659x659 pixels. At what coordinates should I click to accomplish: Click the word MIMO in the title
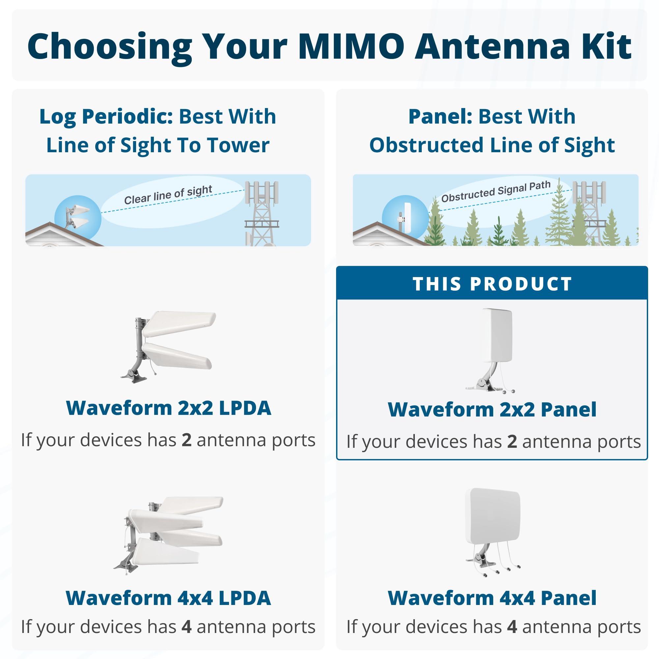(351, 46)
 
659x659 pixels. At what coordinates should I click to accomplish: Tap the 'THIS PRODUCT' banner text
(492, 284)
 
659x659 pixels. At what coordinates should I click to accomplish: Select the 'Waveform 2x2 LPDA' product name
(168, 408)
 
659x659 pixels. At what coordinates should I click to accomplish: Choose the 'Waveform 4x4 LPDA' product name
(168, 598)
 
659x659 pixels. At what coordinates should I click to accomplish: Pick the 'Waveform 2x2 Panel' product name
(492, 409)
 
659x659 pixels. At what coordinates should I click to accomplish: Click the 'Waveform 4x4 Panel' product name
(492, 598)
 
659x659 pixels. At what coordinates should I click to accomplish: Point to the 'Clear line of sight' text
(168, 195)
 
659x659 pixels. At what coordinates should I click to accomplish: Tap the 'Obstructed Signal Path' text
(496, 191)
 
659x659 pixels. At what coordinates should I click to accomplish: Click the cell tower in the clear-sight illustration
(262, 212)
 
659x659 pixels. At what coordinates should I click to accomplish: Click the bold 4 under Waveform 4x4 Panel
(512, 627)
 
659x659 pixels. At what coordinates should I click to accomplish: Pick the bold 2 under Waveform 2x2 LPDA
(186, 440)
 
